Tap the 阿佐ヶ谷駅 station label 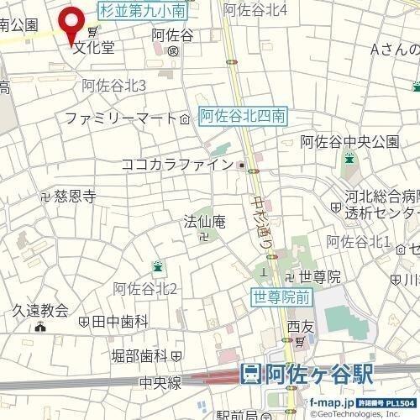tap(318, 375)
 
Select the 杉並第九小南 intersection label tap(143, 11)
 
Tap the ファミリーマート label tap(120, 118)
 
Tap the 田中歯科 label tap(119, 321)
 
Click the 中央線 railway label tap(162, 382)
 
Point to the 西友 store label tap(299, 326)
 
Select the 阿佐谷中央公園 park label tap(350, 139)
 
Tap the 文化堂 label tap(92, 47)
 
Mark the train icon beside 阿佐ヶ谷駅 tap(250, 375)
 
